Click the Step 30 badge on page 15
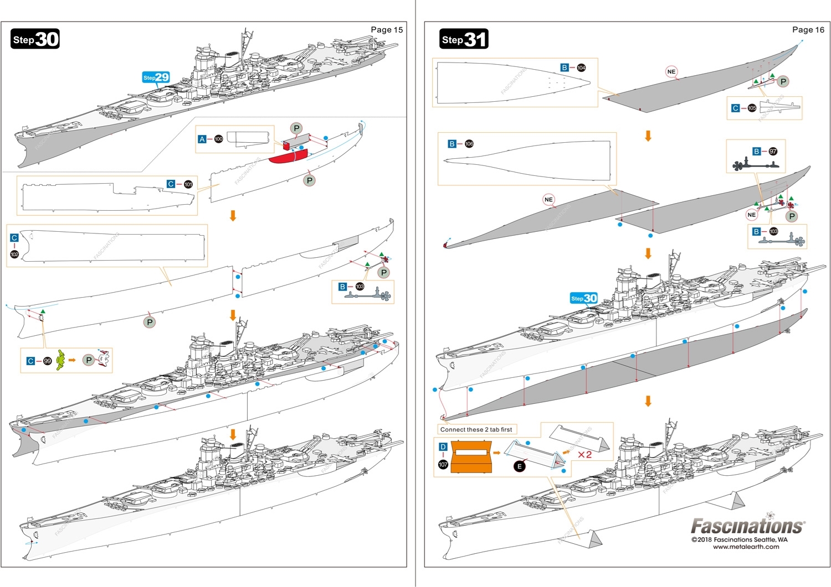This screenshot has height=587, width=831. (35, 39)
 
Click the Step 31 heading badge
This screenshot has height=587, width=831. (464, 39)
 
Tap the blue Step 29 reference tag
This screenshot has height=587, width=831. (156, 77)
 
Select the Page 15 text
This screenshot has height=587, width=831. (387, 30)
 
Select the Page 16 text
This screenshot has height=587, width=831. (808, 30)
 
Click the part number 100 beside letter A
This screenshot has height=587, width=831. (219, 139)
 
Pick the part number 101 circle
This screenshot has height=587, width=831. (188, 184)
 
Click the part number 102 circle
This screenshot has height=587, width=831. (14, 254)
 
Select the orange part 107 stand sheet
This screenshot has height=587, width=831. (471, 456)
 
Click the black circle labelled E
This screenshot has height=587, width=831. (519, 466)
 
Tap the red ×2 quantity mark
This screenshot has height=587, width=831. (584, 455)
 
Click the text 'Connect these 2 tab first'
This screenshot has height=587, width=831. (476, 429)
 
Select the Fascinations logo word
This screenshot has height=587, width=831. (746, 526)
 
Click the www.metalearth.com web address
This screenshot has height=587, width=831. (746, 547)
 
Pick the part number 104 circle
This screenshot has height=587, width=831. (581, 67)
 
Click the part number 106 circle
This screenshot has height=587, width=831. (469, 144)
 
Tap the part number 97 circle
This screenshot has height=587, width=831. (773, 151)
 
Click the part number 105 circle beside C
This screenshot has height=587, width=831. (752, 108)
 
